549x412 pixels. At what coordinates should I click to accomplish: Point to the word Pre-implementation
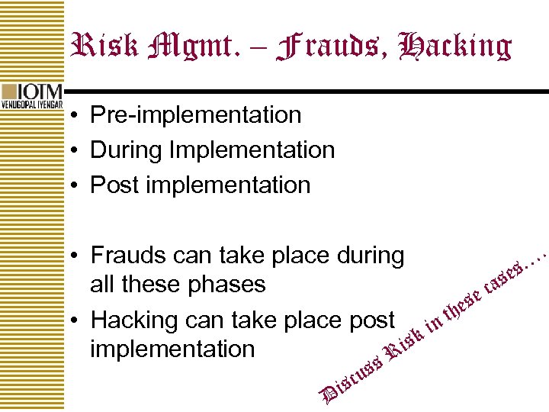195,115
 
